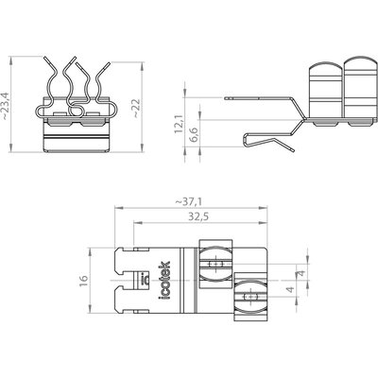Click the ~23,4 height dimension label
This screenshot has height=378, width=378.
point(6,106)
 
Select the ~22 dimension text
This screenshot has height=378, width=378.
point(136,109)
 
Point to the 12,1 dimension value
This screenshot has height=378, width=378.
point(180,124)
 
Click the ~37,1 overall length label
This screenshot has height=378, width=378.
point(188,201)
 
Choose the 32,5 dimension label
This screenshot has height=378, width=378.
point(198,216)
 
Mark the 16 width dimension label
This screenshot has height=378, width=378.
point(84,280)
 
